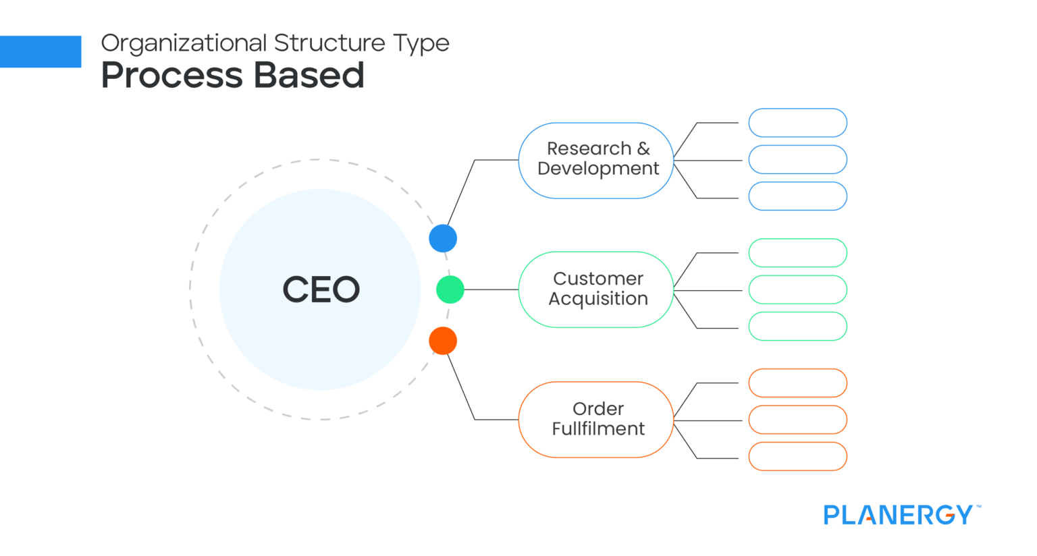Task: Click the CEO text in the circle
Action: (x=321, y=289)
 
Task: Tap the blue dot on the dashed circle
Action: (x=443, y=238)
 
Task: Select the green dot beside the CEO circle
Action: (x=450, y=289)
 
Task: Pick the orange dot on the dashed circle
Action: (x=443, y=341)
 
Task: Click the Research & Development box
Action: (x=597, y=161)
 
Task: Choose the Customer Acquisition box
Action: (x=597, y=289)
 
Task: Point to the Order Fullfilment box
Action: (x=597, y=420)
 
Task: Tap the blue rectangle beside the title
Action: (x=41, y=51)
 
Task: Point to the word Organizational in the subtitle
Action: (x=184, y=44)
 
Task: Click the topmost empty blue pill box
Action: (x=797, y=123)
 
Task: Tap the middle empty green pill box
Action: (x=797, y=289)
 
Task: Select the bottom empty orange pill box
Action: (x=797, y=456)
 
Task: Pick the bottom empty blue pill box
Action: (x=797, y=196)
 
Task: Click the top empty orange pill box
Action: (x=797, y=383)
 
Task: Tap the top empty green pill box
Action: (x=797, y=253)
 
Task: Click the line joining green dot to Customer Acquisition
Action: (x=491, y=289)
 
